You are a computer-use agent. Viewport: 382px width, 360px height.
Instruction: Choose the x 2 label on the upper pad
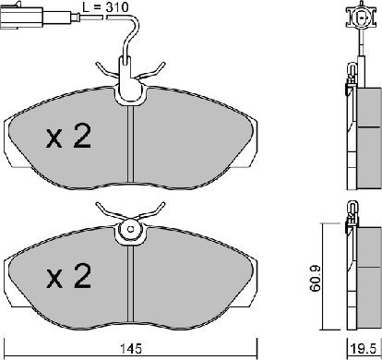pos(68,138)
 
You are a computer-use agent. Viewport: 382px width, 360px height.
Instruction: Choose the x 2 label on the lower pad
pos(68,274)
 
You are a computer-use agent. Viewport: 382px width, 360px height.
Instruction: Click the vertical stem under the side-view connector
pos(357,51)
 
